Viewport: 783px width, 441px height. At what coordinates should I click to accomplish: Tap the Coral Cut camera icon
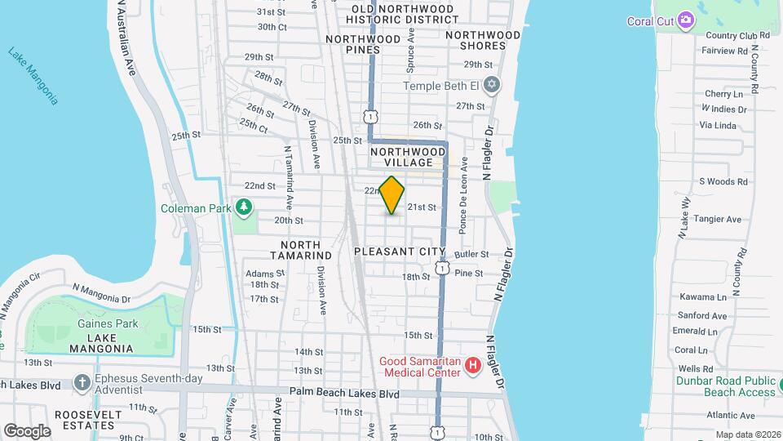coord(686,20)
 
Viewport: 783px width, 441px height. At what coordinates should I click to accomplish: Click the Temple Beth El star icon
coord(491,85)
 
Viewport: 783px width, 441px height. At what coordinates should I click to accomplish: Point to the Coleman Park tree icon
coord(243,208)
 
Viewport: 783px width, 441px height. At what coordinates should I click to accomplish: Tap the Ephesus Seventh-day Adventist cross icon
coord(82,382)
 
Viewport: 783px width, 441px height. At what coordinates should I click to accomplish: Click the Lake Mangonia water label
coord(33,76)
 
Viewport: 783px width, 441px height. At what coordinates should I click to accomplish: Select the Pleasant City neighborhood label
coord(400,252)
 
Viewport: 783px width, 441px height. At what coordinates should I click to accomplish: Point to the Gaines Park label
coord(100,324)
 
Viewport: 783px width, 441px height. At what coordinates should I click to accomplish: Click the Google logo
coord(27,430)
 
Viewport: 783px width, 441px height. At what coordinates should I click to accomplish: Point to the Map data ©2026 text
coord(747,434)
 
